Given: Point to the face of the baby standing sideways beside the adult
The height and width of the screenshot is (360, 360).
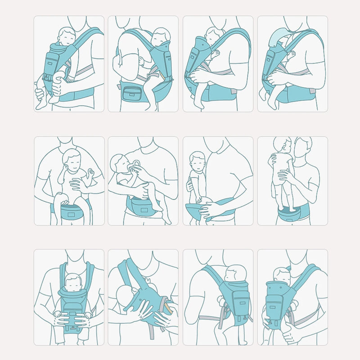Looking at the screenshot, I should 197,160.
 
